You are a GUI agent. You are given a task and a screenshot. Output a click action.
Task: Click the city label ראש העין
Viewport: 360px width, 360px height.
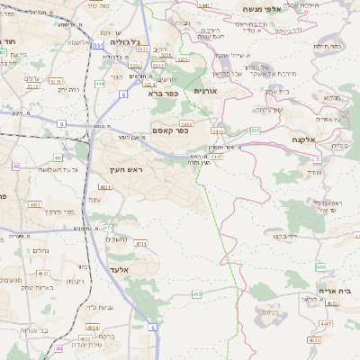tap(128, 168)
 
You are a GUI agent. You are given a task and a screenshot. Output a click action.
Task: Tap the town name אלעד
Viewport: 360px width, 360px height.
tap(119, 269)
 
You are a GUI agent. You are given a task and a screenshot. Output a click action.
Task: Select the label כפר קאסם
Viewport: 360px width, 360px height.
tap(169, 130)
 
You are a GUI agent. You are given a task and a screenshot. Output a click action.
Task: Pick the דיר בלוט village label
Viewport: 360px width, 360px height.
tap(286, 236)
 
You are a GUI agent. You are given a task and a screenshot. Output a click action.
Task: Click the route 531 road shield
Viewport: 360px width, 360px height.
tap(97, 44)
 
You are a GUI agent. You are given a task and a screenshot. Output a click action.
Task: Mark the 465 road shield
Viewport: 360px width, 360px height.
tap(196, 293)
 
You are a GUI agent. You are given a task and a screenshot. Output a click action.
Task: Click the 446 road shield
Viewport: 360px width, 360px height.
tap(320, 266)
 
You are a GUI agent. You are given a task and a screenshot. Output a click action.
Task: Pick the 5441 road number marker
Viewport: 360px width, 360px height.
tap(203, 5)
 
